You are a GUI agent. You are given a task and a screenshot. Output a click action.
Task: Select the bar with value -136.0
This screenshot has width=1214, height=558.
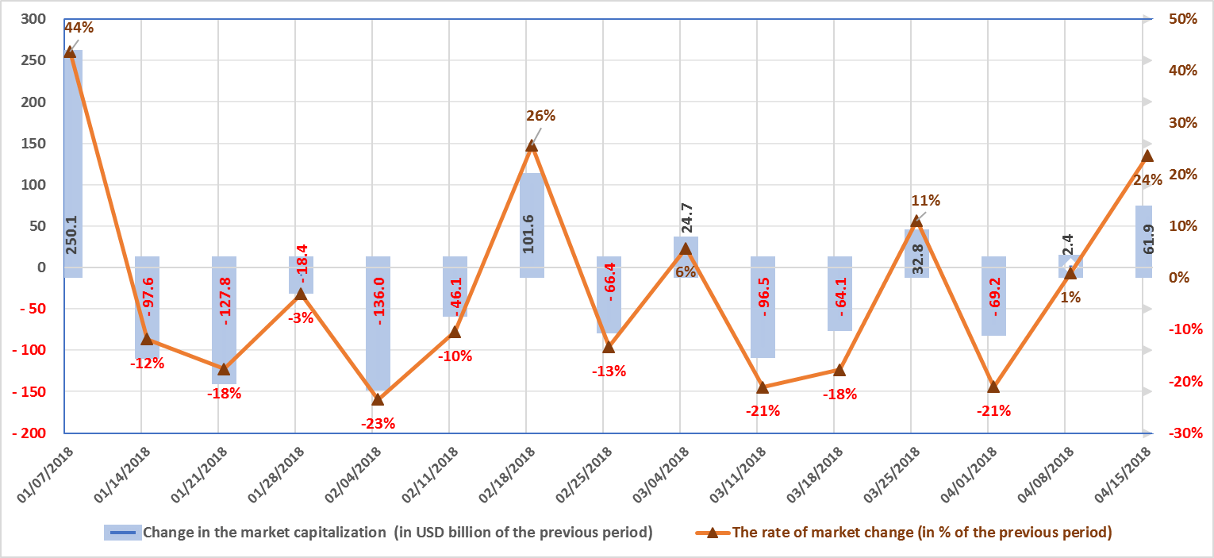pos(378,324)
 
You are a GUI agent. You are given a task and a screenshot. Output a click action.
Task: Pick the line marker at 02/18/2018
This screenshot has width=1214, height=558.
pos(532,145)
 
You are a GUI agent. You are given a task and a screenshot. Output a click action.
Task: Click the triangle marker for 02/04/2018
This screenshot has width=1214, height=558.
pos(378,399)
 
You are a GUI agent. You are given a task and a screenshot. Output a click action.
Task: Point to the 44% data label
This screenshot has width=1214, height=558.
pos(79,28)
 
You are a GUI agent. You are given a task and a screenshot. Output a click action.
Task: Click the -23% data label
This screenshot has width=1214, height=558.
pos(378,423)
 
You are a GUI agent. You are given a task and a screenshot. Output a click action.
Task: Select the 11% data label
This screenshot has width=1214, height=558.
pos(925,201)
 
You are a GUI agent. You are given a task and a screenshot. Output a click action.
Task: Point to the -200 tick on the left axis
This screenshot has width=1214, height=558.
pos(33,433)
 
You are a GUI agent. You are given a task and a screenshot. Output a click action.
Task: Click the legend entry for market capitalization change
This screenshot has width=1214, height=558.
pos(378,533)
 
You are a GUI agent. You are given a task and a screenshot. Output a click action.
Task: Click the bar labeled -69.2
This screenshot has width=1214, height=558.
pos(993,295)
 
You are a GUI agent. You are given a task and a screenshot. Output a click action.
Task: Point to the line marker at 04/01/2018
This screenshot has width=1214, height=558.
pos(993,387)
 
